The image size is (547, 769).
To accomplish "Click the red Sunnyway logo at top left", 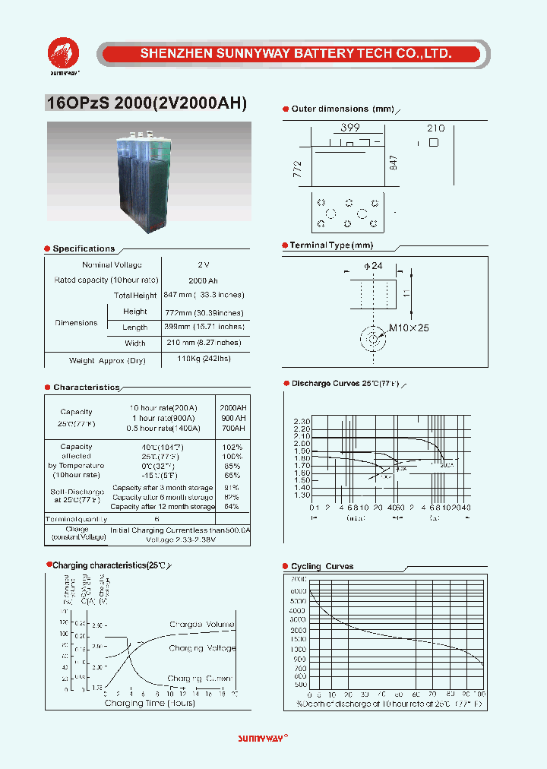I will click(64, 54).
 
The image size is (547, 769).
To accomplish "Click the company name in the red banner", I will click(296, 54).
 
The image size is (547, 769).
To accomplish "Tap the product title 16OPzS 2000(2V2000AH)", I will click(147, 105).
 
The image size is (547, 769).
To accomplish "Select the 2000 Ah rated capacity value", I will click(203, 280).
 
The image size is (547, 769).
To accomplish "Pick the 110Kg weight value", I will click(203, 359).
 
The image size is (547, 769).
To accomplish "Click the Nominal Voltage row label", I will click(111, 264).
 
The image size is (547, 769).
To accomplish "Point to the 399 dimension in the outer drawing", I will click(349, 128).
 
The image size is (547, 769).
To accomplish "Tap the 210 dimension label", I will click(435, 128).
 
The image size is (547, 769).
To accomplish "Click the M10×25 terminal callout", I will click(409, 328).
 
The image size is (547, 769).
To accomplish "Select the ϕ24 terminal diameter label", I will click(373, 265).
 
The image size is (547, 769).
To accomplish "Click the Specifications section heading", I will click(84, 248).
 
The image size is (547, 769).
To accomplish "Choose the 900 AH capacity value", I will click(232, 418).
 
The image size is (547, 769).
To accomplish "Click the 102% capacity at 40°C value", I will click(232, 447).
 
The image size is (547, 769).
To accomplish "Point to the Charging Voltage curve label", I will click(203, 648).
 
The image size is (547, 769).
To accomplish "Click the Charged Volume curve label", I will click(202, 623).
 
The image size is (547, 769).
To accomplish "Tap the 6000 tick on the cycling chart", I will click(299, 590).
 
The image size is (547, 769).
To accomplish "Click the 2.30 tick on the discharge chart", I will click(302, 421).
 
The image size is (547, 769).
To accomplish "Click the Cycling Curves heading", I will click(322, 566).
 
